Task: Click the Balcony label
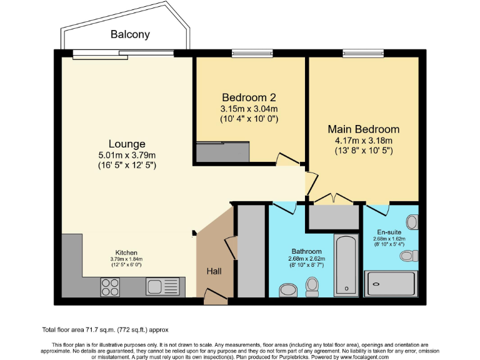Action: [x=131, y=34]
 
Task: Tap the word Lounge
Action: [x=127, y=144]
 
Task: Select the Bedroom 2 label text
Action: [x=249, y=97]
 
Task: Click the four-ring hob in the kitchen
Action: [x=111, y=287]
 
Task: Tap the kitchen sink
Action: [x=162, y=287]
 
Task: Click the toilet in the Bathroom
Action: [x=312, y=286]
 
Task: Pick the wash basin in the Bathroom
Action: [x=289, y=290]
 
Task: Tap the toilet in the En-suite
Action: [x=410, y=255]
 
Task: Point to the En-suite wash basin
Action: [x=412, y=222]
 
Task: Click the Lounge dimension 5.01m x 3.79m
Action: [x=127, y=155]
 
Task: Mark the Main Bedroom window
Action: [x=354, y=52]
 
